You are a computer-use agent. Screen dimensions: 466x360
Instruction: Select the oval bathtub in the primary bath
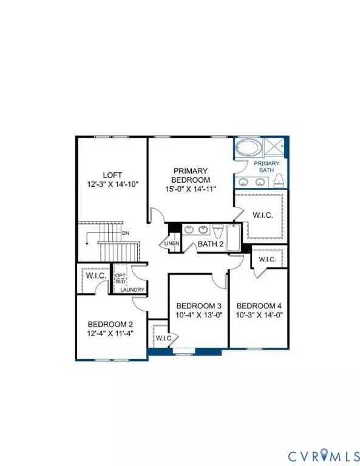(x=246, y=149)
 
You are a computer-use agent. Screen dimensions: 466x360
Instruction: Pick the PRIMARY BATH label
(x=267, y=167)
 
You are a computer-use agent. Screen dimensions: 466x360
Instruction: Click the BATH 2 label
(x=211, y=244)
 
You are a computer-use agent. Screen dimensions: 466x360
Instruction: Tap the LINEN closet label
(x=172, y=244)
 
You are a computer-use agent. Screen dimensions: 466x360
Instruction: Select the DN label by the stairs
(x=126, y=233)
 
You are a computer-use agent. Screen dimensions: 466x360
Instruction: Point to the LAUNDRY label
(x=132, y=290)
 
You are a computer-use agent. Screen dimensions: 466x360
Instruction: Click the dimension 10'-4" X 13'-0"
(x=197, y=315)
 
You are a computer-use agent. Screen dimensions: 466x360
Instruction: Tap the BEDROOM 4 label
(x=258, y=305)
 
